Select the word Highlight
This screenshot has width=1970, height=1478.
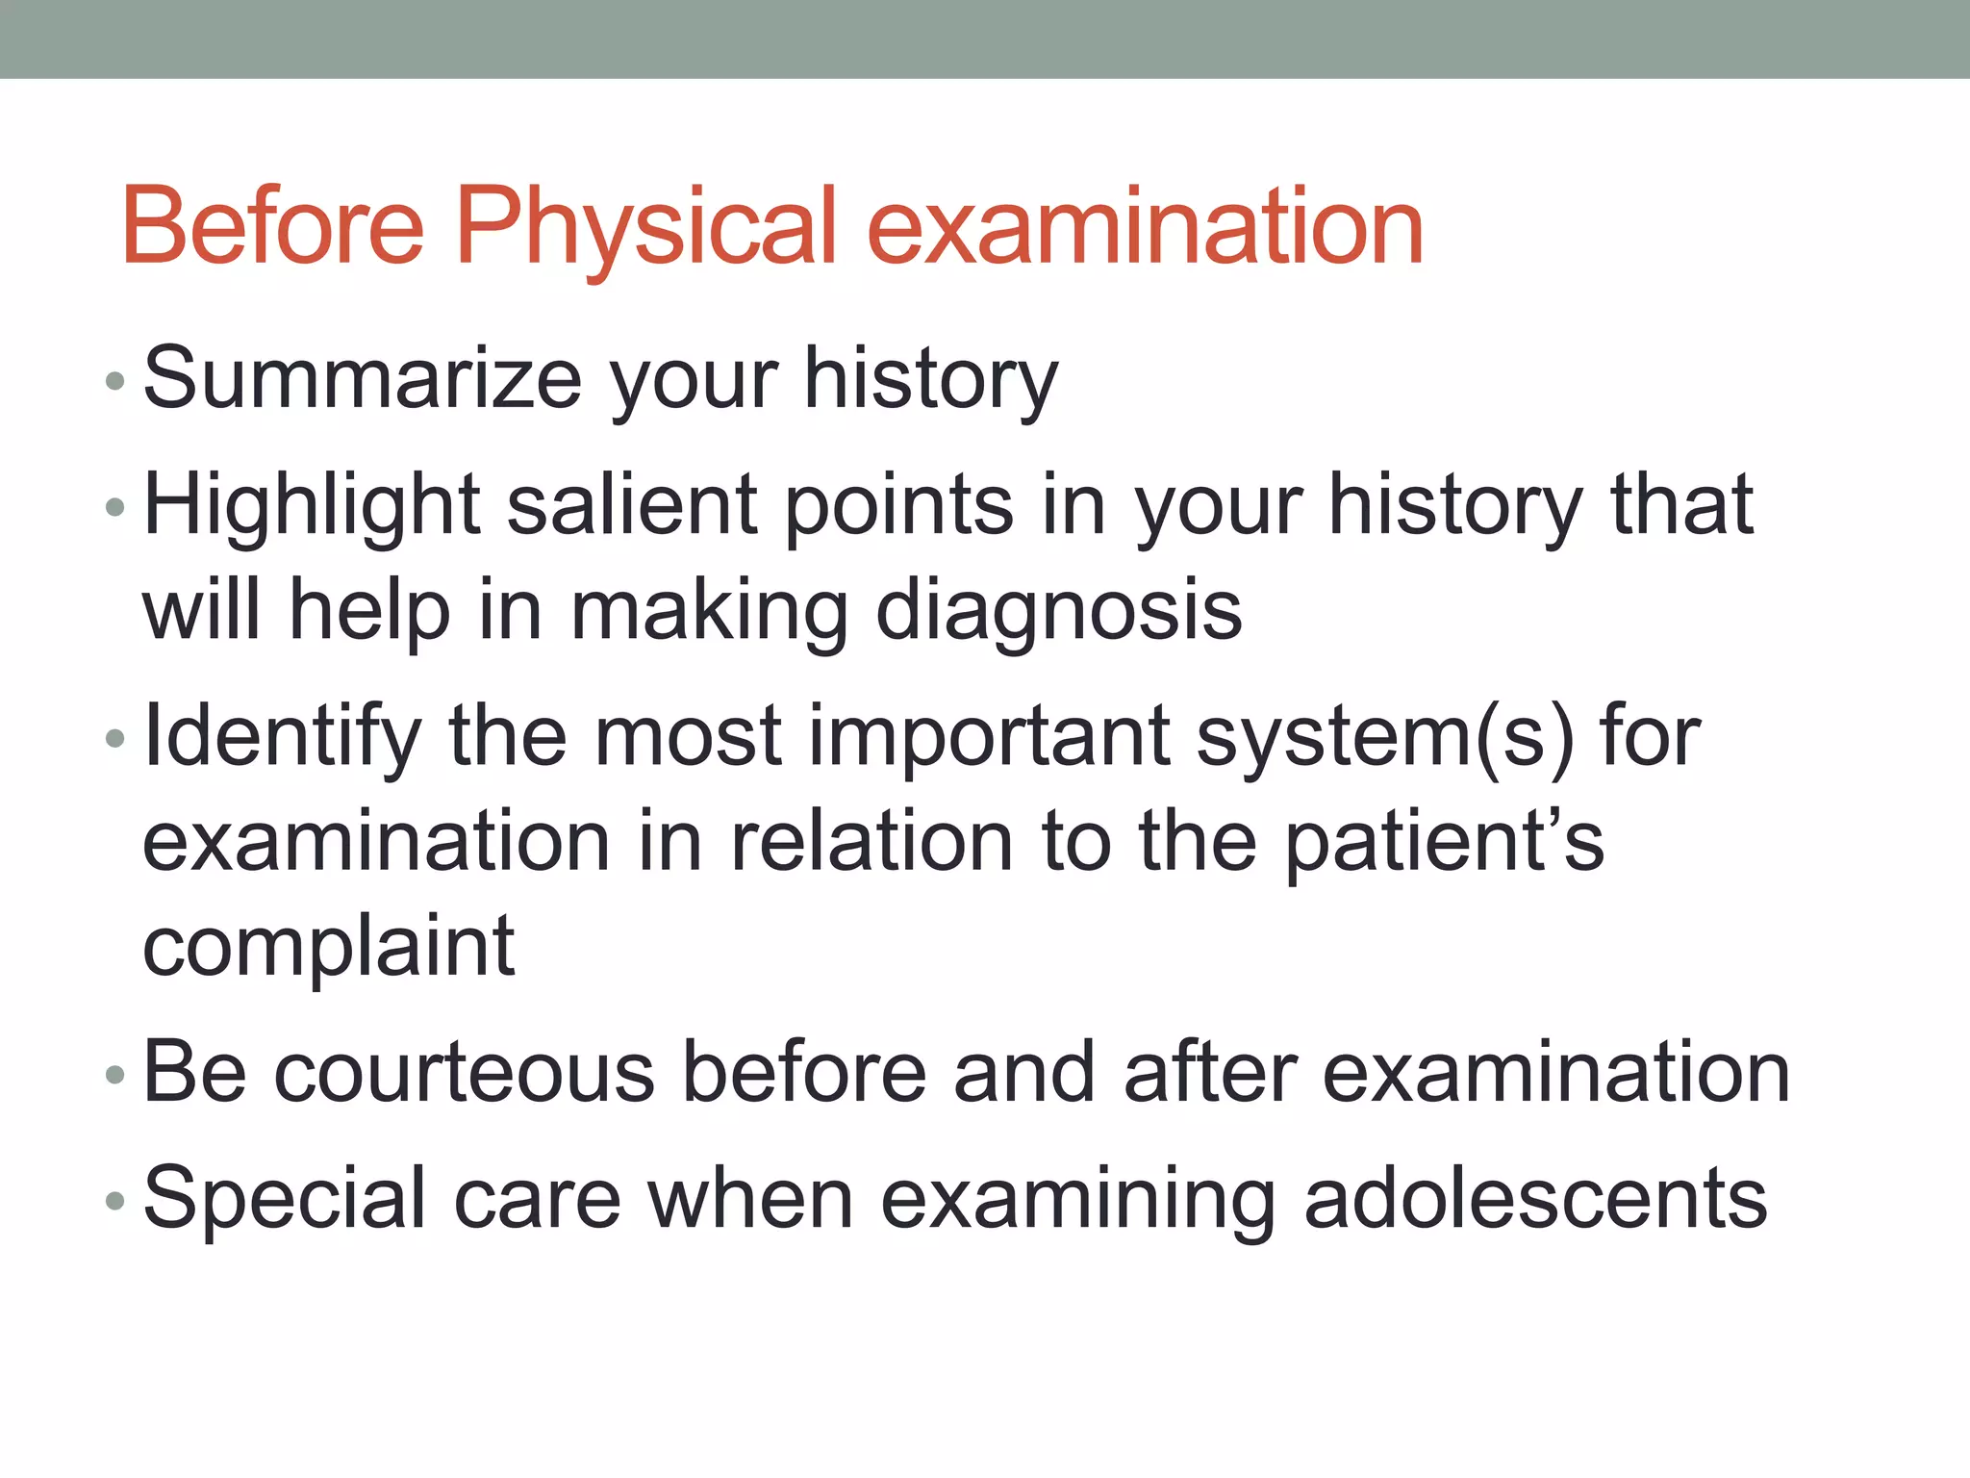pos(312,507)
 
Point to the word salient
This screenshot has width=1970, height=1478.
pos(632,507)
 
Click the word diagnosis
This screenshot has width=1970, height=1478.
pos(1058,611)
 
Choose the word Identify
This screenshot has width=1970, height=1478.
pos(282,737)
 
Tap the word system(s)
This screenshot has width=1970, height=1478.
pos(1385,737)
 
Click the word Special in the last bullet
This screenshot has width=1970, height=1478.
pos(284,1199)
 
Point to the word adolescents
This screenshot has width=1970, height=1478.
pos(1535,1199)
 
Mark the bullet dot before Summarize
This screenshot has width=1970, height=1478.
pos(115,382)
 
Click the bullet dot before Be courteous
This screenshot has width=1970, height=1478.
pos(115,1076)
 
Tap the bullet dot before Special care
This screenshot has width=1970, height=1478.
pos(115,1202)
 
